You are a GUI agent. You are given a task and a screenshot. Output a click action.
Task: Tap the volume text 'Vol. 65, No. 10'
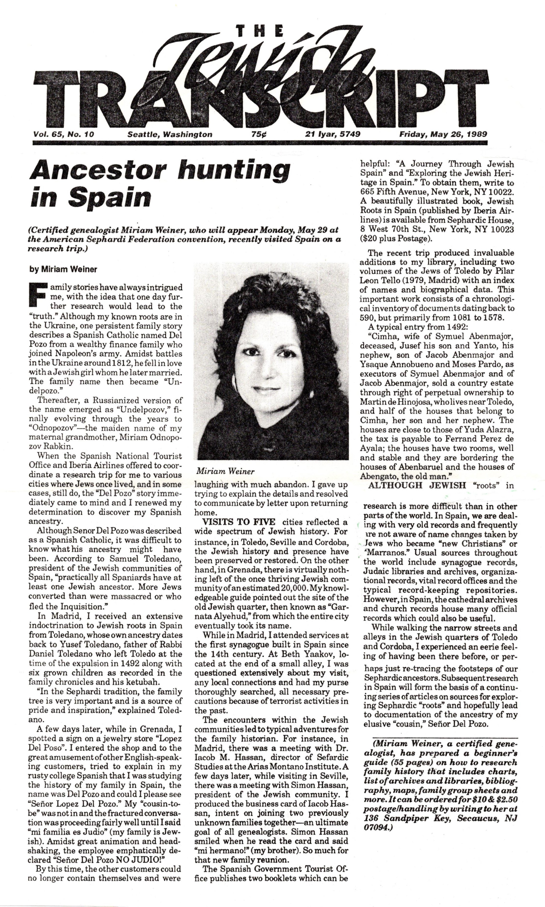(x=63, y=135)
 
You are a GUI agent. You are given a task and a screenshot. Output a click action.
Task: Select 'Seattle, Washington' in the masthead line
(x=170, y=135)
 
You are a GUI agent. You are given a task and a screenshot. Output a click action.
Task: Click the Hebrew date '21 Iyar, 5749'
(x=333, y=135)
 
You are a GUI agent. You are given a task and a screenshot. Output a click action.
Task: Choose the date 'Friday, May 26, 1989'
(x=443, y=135)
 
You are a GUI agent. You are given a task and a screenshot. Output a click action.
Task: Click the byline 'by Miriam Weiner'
(x=63, y=269)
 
